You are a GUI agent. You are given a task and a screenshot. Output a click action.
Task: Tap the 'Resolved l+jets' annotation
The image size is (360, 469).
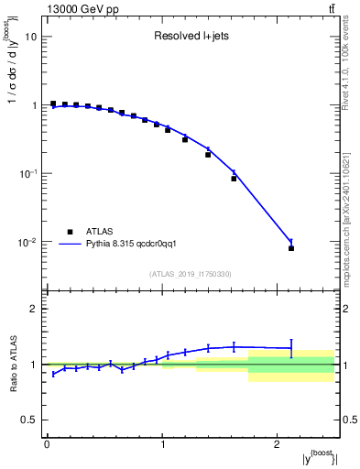point(191,38)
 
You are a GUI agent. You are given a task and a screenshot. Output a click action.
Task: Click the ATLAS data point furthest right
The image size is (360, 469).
point(291,248)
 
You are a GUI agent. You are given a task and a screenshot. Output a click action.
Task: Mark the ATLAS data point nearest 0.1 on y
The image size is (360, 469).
point(234,179)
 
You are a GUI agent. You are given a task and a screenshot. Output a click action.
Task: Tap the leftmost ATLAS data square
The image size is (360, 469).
point(53,104)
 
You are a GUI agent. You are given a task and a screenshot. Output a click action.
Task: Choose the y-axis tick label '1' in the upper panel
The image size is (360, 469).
point(34,105)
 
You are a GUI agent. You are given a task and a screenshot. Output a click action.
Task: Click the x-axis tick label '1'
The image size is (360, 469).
point(162,443)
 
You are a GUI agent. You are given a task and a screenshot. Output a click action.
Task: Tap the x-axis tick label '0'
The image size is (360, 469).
point(47,443)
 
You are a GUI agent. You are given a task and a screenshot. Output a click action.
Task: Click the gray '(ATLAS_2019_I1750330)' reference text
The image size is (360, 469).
point(191,274)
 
